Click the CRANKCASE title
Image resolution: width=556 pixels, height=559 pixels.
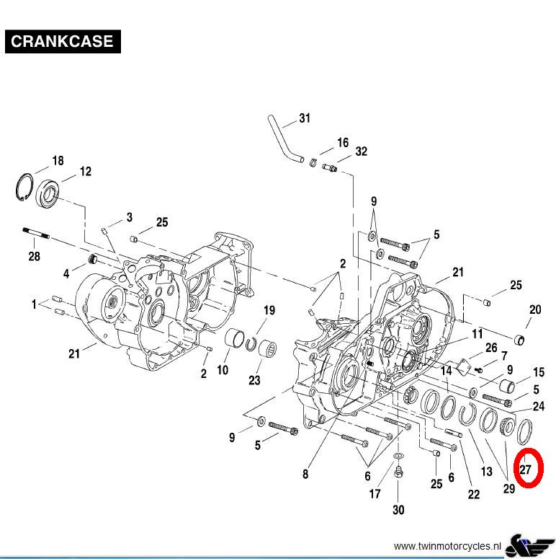(62, 41)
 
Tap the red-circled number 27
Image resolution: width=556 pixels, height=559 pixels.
(525, 470)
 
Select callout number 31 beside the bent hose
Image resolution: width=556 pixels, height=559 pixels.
(305, 118)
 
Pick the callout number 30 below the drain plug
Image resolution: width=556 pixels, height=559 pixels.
(398, 510)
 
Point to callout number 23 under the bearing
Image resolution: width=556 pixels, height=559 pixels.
(254, 380)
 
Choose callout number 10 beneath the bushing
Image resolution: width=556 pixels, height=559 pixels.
(223, 370)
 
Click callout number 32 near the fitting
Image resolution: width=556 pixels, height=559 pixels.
(361, 151)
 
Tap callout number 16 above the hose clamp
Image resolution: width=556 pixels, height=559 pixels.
(343, 143)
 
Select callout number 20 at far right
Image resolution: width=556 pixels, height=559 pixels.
(535, 310)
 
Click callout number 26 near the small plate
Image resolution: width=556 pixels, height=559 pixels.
(491, 348)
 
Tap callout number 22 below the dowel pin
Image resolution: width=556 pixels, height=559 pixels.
(473, 494)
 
